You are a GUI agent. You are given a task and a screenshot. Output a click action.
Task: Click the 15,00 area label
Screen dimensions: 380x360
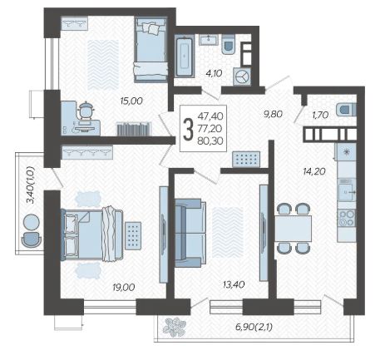[131, 101]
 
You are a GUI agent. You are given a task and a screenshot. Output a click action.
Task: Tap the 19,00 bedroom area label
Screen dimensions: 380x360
[124, 287]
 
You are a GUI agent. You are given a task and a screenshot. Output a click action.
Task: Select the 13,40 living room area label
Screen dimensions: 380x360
[234, 284]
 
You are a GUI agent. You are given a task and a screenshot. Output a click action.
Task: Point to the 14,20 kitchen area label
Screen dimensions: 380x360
[314, 171]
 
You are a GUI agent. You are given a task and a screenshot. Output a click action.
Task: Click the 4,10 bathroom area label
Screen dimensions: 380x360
[214, 73]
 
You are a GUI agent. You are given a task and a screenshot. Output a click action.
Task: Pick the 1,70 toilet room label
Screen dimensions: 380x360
[320, 115]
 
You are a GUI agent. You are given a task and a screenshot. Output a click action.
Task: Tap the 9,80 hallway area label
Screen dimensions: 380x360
[273, 114]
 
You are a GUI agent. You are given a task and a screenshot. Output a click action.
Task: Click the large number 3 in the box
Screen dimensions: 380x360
[189, 129]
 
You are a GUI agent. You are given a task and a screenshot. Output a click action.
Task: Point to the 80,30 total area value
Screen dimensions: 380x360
[210, 141]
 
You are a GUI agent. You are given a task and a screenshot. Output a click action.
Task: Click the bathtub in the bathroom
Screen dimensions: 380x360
[184, 57]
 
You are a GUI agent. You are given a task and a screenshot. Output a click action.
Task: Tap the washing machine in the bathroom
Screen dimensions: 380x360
[242, 76]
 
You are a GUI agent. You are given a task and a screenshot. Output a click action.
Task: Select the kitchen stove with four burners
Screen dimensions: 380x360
[347, 218]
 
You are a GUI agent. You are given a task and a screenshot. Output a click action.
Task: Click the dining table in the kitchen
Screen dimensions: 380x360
[294, 229]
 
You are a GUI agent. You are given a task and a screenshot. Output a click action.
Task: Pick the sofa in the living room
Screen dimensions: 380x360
[190, 233]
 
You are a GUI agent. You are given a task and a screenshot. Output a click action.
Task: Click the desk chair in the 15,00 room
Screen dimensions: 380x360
[85, 111]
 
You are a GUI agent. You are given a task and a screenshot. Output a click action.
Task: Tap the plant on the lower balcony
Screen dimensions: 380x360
[175, 328]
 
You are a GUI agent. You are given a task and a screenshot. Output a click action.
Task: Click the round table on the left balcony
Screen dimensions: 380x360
[31, 223]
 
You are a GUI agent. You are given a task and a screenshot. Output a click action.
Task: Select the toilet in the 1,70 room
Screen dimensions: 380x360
[346, 109]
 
